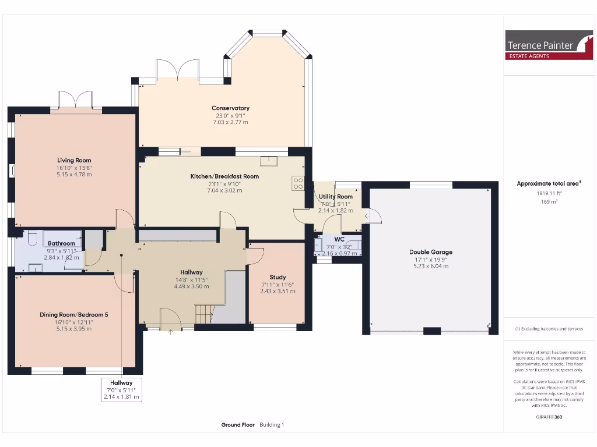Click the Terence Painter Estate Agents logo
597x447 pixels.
tap(549, 45)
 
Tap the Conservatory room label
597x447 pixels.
tap(230, 108)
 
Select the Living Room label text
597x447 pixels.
tap(74, 160)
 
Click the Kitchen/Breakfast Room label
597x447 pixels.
tap(224, 176)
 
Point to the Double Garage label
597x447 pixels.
tap(430, 252)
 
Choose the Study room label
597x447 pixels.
tap(278, 277)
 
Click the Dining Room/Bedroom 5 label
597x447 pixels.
tap(74, 314)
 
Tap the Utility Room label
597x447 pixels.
tap(336, 197)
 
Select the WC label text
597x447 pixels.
tap(339, 239)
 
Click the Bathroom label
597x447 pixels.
tap(61, 243)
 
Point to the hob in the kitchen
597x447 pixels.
tap(298, 183)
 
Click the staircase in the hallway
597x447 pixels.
tap(204, 313)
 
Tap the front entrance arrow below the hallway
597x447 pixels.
tap(170, 332)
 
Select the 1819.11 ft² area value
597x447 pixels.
tap(549, 193)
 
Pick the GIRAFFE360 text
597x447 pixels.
tap(549, 417)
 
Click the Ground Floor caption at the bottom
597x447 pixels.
tap(238, 425)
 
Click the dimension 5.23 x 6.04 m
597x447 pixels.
tap(430, 266)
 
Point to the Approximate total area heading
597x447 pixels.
tap(549, 183)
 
